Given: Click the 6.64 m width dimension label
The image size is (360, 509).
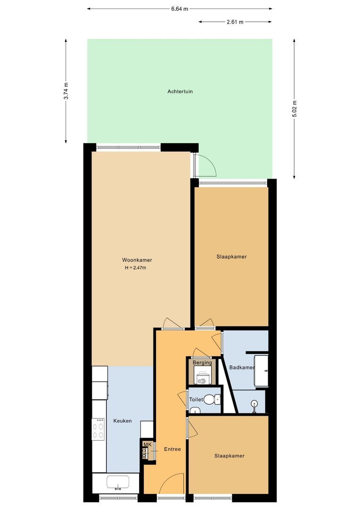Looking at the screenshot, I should (180, 8).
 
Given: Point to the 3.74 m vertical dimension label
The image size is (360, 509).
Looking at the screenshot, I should (66, 91).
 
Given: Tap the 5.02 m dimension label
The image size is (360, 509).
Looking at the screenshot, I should (295, 109).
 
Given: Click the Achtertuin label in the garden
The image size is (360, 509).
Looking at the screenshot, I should (180, 91).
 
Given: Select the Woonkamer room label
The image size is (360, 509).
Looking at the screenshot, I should (137, 260).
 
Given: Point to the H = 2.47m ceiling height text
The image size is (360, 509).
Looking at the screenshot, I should (135, 268).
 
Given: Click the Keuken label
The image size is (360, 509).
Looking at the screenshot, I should (123, 421).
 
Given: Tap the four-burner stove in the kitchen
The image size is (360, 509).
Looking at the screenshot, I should (98, 429).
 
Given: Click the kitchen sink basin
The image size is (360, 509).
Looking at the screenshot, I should (115, 482).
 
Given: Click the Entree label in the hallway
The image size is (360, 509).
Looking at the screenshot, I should (172, 449).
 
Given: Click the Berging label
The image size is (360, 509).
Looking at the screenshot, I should (202, 363).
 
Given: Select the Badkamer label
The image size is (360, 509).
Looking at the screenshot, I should (242, 368).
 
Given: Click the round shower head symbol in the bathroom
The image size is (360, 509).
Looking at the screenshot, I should (254, 403).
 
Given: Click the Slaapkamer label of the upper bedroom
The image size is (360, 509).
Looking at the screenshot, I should (231, 257).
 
